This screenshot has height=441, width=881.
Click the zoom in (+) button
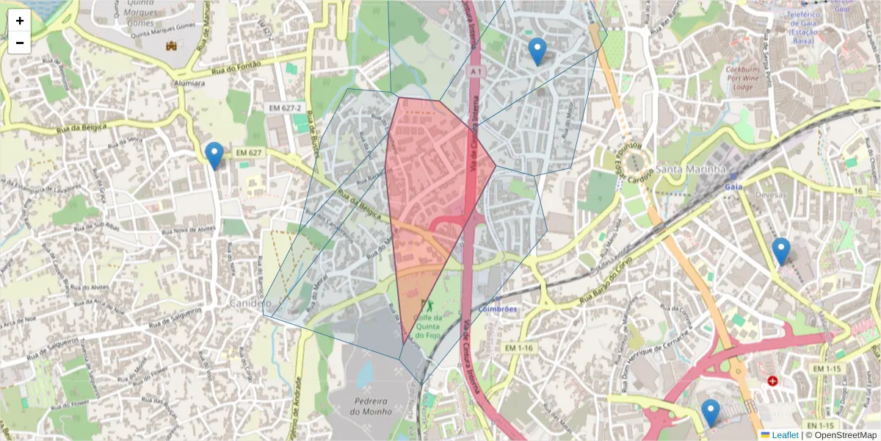[x=20, y=21]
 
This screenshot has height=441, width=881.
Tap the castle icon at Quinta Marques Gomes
[x=172, y=46]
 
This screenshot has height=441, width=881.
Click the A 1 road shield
[x=476, y=71]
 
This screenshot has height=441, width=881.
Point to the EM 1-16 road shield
[x=521, y=347]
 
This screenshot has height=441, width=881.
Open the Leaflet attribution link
[x=784, y=435]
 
